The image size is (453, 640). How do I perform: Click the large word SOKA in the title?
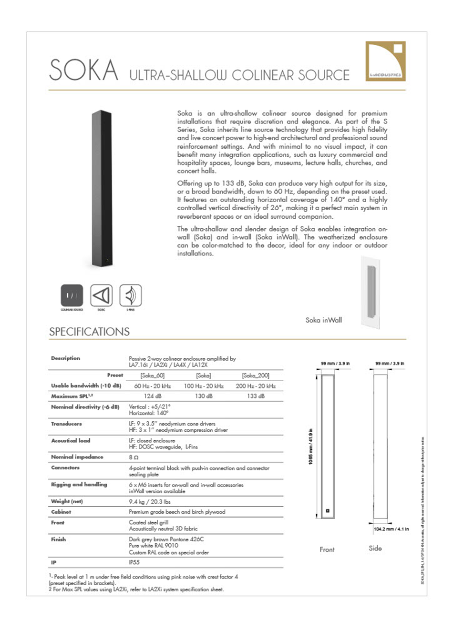pos(83,70)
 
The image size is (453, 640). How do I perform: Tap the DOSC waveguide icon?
pos(101,295)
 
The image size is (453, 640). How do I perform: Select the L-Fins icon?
pos(130,295)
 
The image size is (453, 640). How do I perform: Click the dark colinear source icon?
pos(72,295)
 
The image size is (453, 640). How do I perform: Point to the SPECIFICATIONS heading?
pos(89,332)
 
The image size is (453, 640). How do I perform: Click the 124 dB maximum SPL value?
pos(153,396)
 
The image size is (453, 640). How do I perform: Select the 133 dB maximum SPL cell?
pos(256,396)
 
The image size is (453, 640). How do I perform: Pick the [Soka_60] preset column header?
pos(153,376)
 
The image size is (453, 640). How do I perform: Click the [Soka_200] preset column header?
pos(256,376)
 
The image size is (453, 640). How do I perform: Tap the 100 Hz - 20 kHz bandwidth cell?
pos(204,386)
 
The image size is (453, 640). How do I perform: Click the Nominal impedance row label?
pos(77,457)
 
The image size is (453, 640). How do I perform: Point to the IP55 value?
pos(134,562)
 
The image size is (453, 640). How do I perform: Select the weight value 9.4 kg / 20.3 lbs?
pos(150,501)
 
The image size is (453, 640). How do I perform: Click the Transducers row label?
pos(66,424)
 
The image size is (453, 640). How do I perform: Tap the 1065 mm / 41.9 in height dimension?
pos(310,447)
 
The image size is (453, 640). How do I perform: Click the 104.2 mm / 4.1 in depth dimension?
pos(391,529)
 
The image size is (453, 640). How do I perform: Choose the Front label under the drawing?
pos(327,549)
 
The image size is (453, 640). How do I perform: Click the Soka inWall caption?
pos(324,320)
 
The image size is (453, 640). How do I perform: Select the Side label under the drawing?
pos(375,549)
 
